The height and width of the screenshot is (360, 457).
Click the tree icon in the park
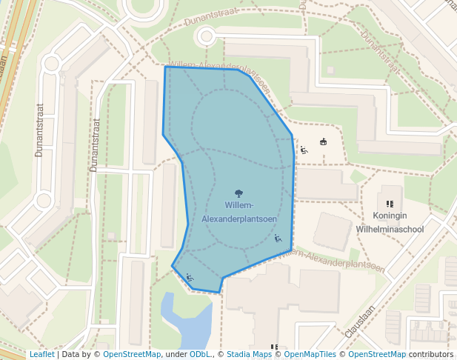[x=238, y=194]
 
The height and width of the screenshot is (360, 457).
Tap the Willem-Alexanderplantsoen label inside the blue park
[x=239, y=212]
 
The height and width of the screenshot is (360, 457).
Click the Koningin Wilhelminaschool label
[x=390, y=222]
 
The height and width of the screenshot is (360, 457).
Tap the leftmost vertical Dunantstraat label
[x=39, y=130]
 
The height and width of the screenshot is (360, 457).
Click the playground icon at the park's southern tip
[x=190, y=277]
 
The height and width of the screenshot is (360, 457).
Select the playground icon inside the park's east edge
[x=278, y=239]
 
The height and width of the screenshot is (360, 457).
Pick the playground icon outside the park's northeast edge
[x=304, y=150]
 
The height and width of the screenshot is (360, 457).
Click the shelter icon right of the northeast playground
[x=323, y=142]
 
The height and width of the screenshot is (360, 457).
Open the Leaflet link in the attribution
[x=41, y=354]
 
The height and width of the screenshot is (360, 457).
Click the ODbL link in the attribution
[x=200, y=354]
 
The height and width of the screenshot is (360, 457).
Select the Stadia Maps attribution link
[x=249, y=354]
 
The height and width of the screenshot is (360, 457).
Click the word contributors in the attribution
[x=431, y=354]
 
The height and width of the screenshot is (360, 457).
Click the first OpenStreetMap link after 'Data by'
[x=132, y=354]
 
